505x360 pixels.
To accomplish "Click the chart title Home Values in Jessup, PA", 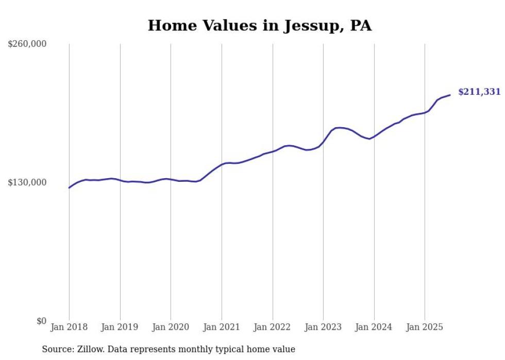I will (x=259, y=26).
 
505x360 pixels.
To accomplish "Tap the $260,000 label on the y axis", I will (x=27, y=44).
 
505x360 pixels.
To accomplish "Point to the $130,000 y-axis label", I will (x=27, y=183).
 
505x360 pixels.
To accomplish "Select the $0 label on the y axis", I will (x=41, y=321).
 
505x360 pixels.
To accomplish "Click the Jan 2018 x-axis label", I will (x=69, y=327).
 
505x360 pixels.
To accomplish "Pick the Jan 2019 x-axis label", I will (x=120, y=327).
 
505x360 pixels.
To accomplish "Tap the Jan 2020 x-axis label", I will (x=171, y=327).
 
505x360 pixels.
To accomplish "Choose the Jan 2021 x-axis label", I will (x=222, y=327).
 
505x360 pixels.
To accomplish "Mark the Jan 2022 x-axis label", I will (x=273, y=327).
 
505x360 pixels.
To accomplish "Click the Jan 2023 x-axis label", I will (x=323, y=327).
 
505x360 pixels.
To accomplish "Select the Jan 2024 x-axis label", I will (x=374, y=327).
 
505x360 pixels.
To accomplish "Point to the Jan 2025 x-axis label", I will (x=425, y=327).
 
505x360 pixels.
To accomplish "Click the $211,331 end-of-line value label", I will (x=479, y=92).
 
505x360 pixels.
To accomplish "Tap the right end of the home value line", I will (x=450, y=95).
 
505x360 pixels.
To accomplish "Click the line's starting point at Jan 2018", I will (x=69, y=187).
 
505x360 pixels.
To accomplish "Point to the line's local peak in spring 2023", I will (x=339, y=128).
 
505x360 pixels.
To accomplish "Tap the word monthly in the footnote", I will (x=209, y=349).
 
